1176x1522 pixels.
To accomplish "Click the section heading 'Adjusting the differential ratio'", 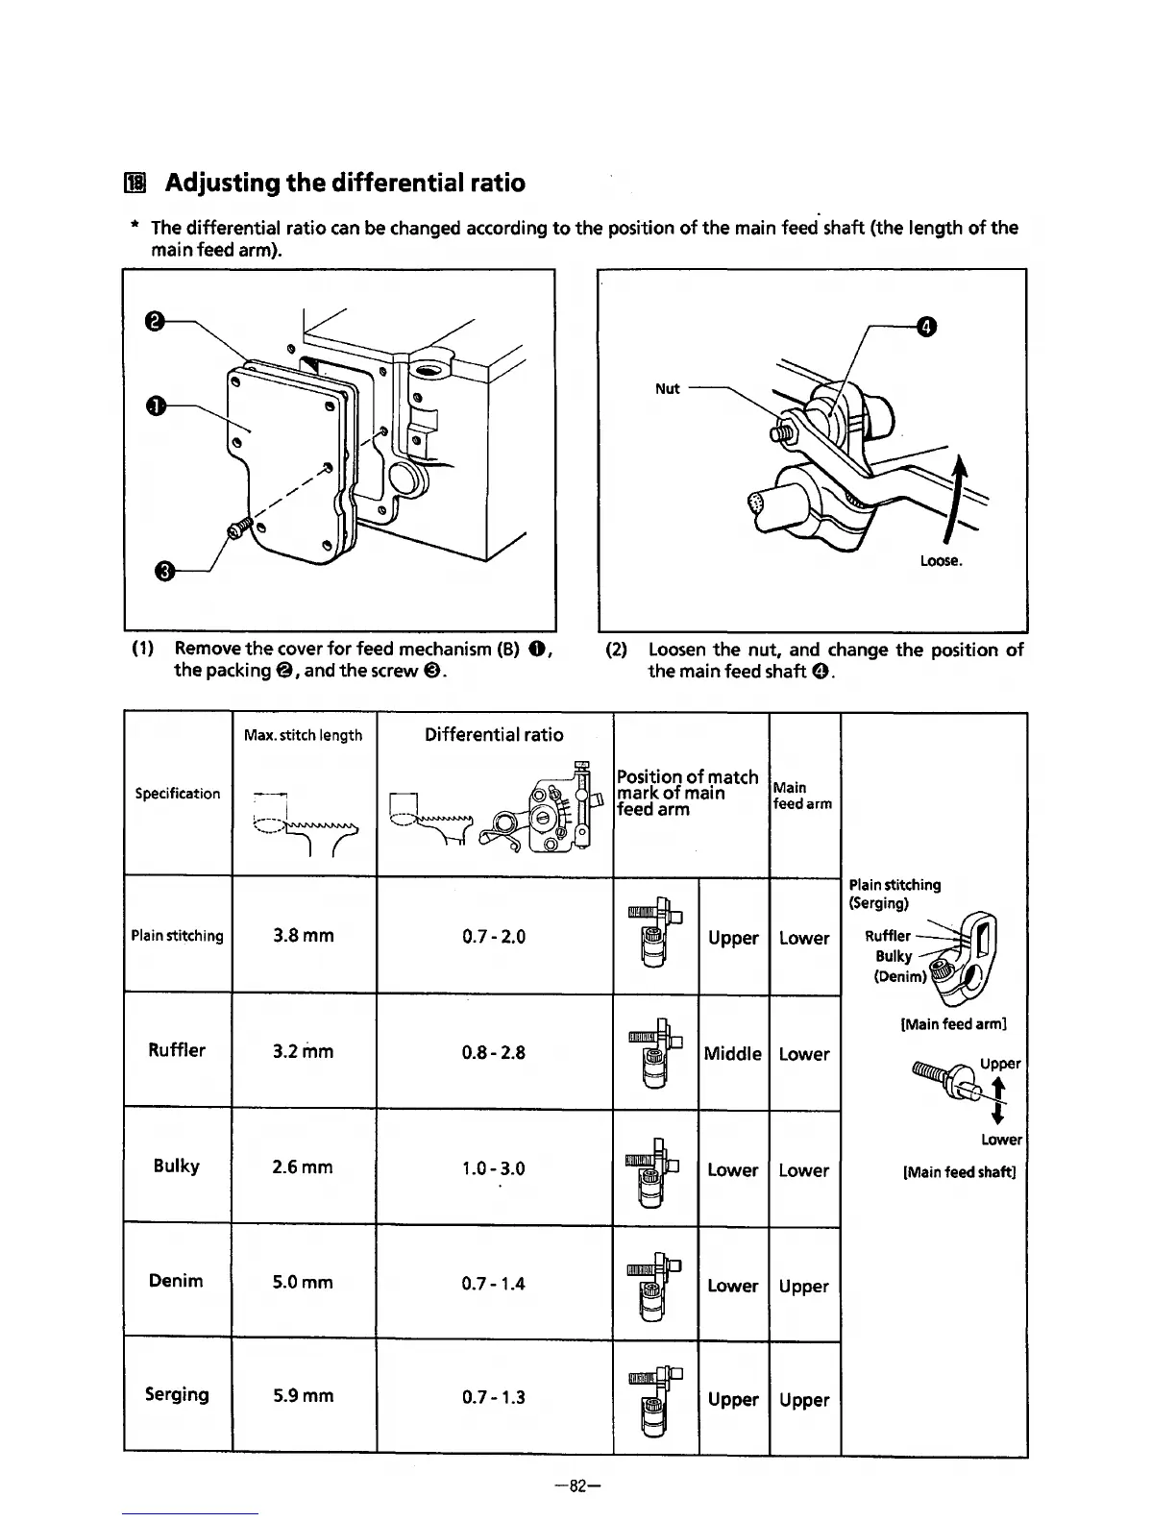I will click(345, 183).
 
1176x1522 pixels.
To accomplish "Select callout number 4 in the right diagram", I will click(925, 327).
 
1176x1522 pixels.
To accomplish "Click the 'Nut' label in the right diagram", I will click(668, 388).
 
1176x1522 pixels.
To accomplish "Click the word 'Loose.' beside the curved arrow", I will click(941, 561).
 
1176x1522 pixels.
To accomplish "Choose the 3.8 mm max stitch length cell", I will click(303, 935).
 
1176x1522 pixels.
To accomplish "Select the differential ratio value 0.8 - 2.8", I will click(494, 1052).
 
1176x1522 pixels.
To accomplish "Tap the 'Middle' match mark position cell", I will click(733, 1054).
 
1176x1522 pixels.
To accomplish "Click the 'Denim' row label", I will click(176, 1281).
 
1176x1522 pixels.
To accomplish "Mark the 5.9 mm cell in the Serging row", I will click(303, 1396).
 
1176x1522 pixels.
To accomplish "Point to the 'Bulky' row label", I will click(176, 1166).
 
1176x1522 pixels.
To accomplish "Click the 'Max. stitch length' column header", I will click(303, 735).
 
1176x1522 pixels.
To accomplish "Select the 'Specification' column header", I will click(177, 794).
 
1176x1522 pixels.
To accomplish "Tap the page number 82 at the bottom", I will click(577, 1485).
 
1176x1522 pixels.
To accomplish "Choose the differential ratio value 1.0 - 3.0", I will click(494, 1168).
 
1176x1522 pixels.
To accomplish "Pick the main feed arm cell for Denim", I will click(804, 1287).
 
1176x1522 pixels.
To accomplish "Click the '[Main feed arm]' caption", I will click(953, 1024).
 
